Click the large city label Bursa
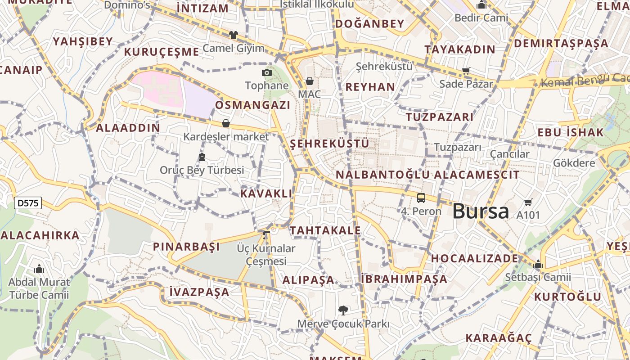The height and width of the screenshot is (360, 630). (x=480, y=211)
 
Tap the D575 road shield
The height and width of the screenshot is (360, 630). (x=28, y=203)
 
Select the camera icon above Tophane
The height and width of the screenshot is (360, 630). (x=267, y=72)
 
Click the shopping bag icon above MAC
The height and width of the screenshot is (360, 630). (x=309, y=81)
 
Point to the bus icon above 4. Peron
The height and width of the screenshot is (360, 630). (x=421, y=198)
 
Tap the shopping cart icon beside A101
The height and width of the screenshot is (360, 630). (x=528, y=202)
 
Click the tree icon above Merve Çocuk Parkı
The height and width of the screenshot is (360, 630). (x=343, y=310)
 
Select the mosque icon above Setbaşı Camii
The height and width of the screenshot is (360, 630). (x=538, y=265)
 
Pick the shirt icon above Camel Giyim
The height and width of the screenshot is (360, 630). (x=233, y=35)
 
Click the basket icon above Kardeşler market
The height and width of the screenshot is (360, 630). (x=226, y=123)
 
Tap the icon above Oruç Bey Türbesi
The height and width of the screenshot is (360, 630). (x=202, y=157)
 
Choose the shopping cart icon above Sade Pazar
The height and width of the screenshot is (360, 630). (x=466, y=71)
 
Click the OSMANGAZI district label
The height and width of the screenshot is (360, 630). (x=252, y=105)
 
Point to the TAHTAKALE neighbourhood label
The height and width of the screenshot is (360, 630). (x=325, y=231)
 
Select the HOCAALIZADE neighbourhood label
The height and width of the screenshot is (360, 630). (x=474, y=259)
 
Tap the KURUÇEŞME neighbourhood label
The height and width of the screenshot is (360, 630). (x=161, y=52)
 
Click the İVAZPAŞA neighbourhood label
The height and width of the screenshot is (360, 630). (x=199, y=292)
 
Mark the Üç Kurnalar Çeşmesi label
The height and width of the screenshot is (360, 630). (x=266, y=255)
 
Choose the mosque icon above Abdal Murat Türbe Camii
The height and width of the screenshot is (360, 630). (x=39, y=269)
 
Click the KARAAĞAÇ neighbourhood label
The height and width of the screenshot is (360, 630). (x=498, y=338)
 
